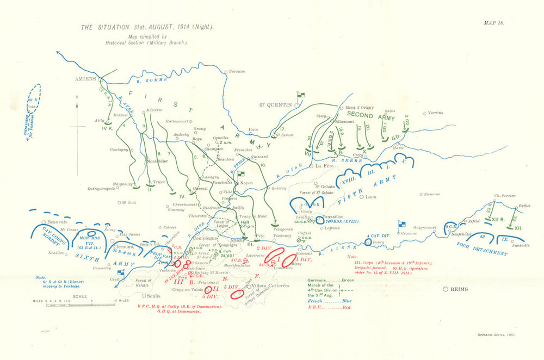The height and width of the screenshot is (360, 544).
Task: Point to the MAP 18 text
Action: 494,23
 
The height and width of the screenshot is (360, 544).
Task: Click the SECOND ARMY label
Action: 367,116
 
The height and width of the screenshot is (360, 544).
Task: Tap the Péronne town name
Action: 237,71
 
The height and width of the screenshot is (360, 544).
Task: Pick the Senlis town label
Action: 153,296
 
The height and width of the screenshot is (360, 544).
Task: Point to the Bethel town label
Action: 524,206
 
